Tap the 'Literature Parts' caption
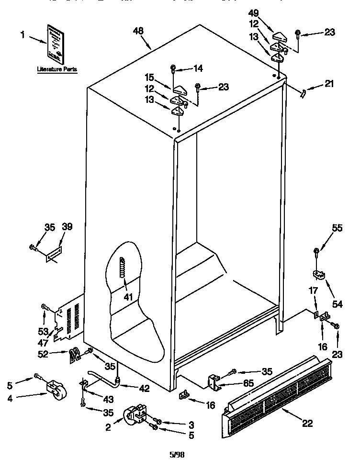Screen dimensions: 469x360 pyautogui.click(x=57, y=69)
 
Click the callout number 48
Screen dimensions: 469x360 pyautogui.click(x=138, y=31)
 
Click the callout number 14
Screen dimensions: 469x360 pyautogui.click(x=198, y=68)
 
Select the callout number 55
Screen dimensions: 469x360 pyautogui.click(x=337, y=229)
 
